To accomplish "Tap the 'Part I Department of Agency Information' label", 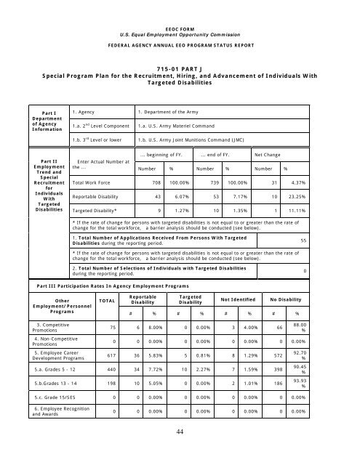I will tap(33, 122).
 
